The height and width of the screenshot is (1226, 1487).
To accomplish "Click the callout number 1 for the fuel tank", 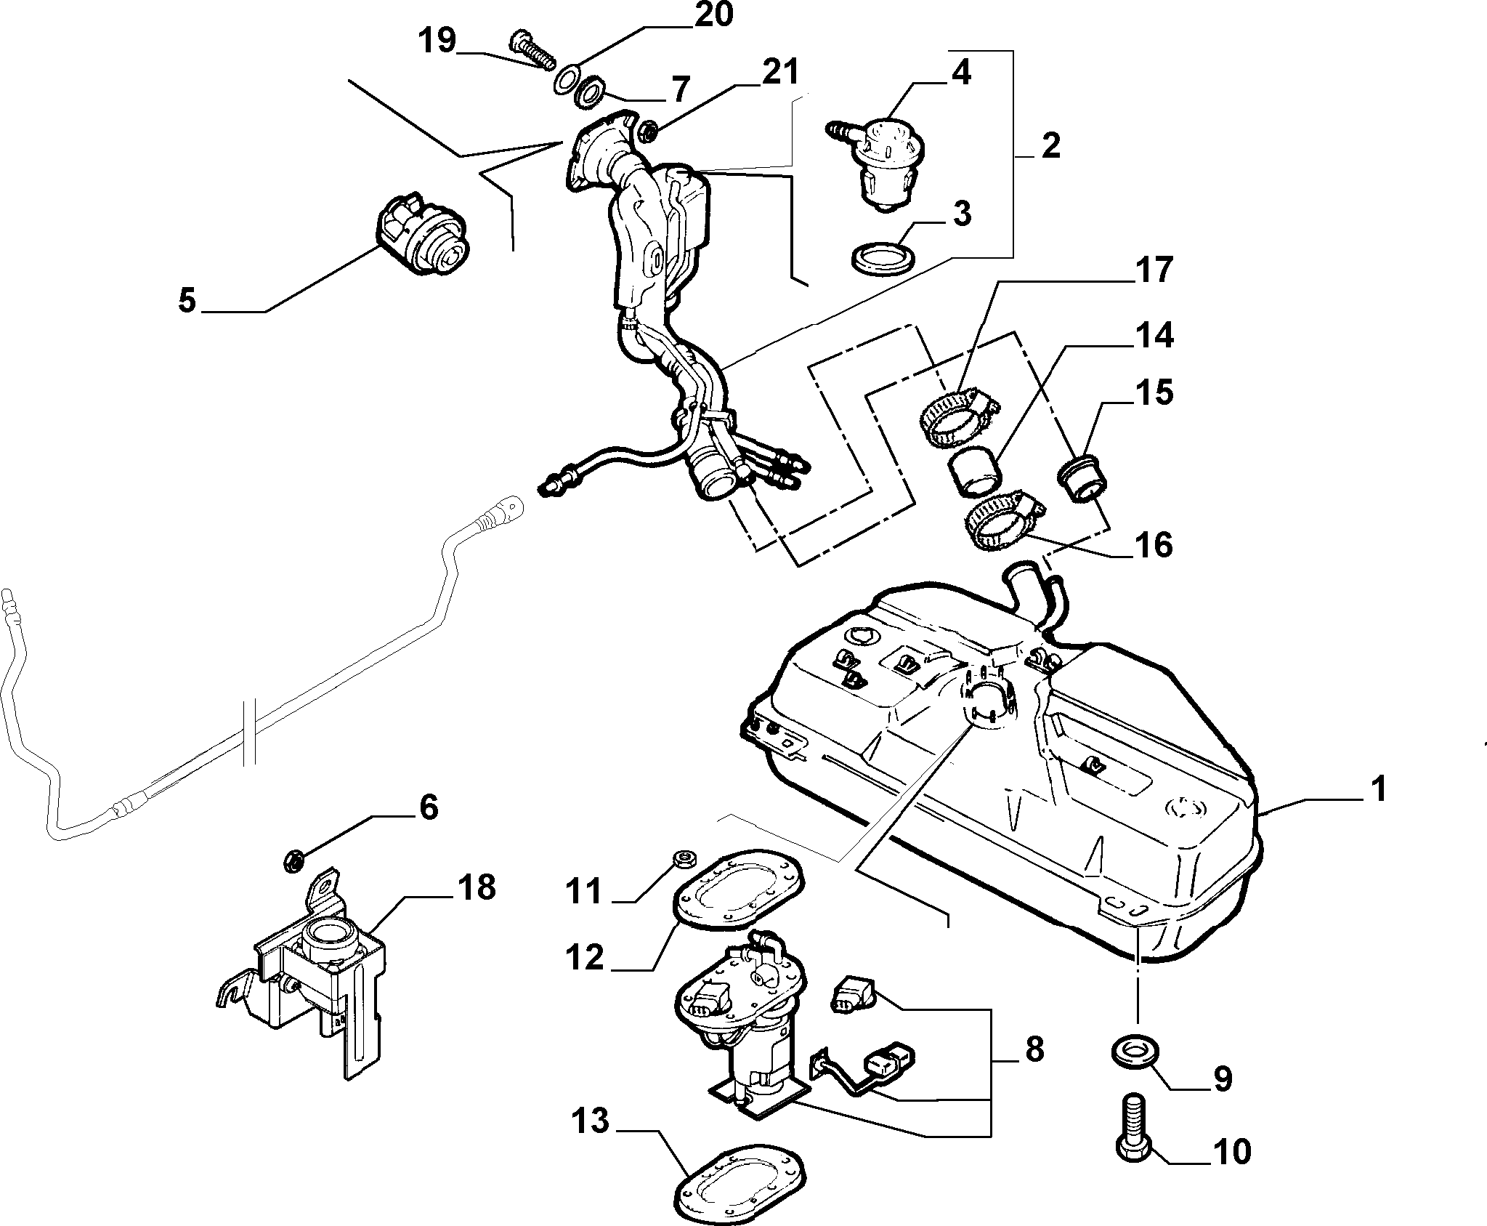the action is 1377,789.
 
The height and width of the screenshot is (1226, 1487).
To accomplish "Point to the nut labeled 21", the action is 647,132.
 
